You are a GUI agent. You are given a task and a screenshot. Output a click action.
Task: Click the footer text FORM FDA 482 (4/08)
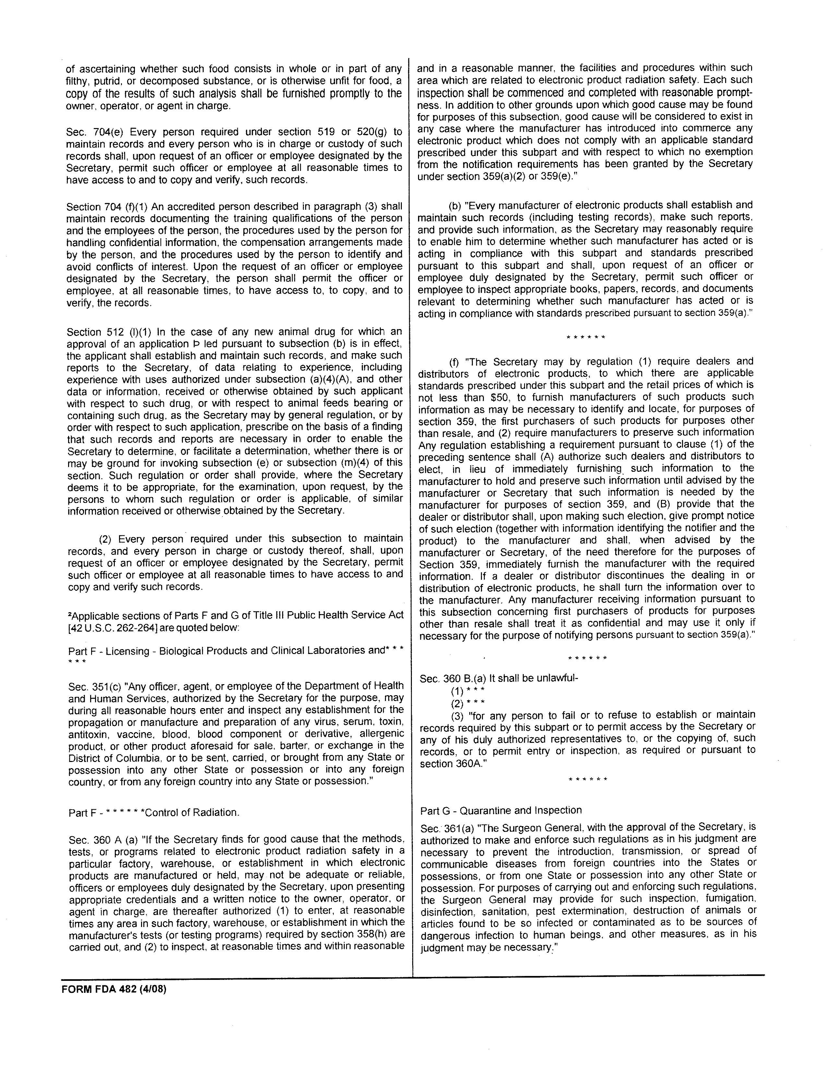(x=114, y=989)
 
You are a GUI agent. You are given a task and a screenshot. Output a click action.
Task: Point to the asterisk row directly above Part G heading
(x=587, y=779)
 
